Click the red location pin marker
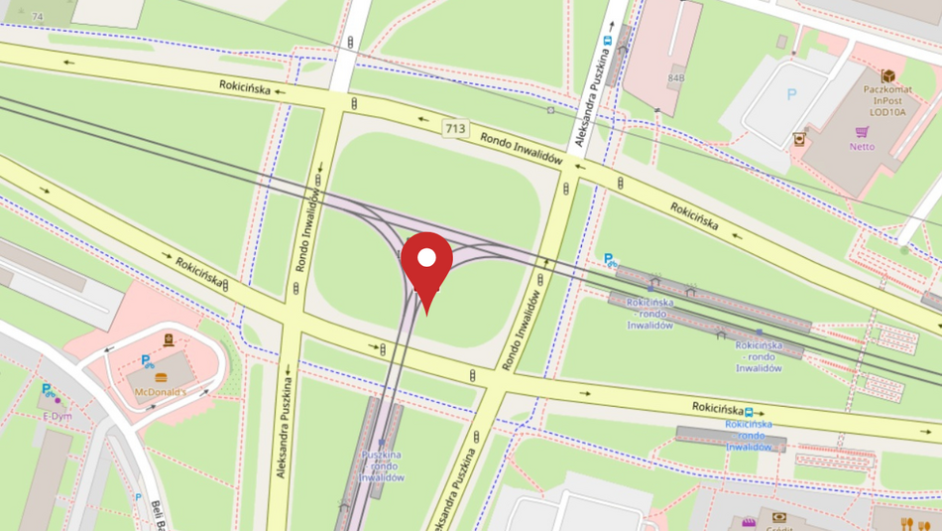click(x=426, y=261)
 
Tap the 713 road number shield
click(x=455, y=129)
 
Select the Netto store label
click(x=862, y=147)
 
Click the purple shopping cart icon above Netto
click(x=863, y=132)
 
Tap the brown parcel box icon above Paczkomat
click(x=888, y=76)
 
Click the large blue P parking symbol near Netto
click(x=791, y=95)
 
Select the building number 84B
click(x=675, y=77)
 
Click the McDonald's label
click(x=161, y=392)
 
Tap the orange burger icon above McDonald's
click(x=161, y=377)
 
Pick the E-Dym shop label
click(x=58, y=416)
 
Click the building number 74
click(x=38, y=17)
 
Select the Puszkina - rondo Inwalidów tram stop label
click(x=381, y=466)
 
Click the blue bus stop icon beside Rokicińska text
click(x=750, y=411)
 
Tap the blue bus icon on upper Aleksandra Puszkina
click(x=606, y=41)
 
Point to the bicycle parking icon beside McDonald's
click(x=147, y=361)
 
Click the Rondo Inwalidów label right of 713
click(x=522, y=147)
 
